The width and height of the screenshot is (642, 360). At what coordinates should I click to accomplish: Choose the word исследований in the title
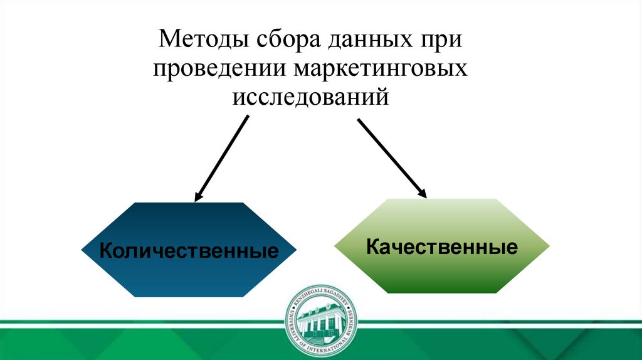point(312,97)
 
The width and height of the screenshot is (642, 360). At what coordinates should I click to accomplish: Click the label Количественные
point(189,251)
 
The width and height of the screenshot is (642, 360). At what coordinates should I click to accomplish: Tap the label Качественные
point(443,246)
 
